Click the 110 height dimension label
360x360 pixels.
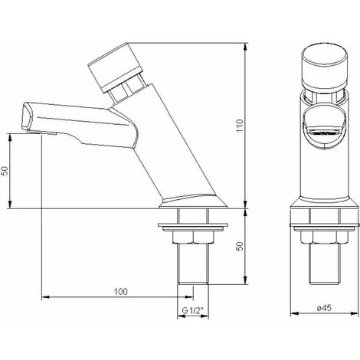(x=240, y=125)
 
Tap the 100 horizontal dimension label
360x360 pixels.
(x=120, y=291)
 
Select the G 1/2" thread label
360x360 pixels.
(x=192, y=310)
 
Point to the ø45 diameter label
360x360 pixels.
(x=324, y=308)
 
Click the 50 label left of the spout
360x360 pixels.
(x=5, y=170)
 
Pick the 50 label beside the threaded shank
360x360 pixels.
(x=240, y=246)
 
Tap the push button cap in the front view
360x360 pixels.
(x=325, y=67)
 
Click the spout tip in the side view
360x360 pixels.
(x=28, y=116)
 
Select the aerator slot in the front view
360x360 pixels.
(x=324, y=133)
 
